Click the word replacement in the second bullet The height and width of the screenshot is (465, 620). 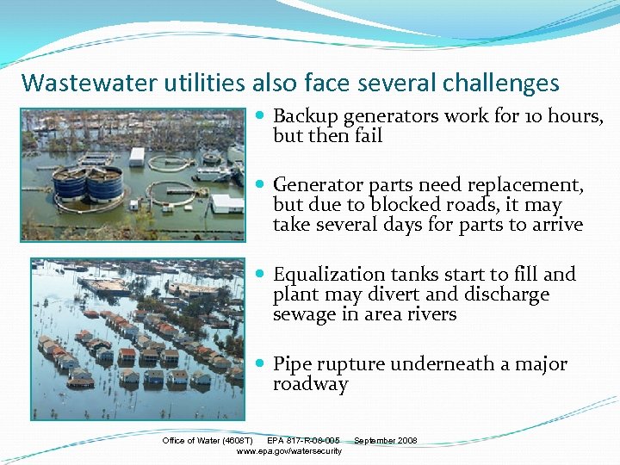point(530,185)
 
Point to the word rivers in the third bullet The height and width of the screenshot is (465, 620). point(432,314)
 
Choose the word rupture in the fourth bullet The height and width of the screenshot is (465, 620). point(349,364)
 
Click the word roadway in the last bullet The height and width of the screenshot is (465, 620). point(311,384)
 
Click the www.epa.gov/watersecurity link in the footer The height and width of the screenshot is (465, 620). point(289,451)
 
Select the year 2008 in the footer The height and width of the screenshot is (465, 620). point(406,441)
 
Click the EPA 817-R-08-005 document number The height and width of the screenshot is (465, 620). point(303,441)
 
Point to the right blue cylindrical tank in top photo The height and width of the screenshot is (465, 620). point(106,182)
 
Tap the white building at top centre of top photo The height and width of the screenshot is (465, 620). point(137,157)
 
